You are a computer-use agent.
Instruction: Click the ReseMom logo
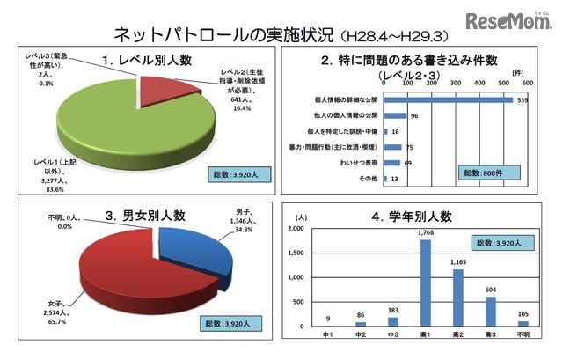click(x=509, y=21)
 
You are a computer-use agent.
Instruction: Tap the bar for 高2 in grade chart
click(x=457, y=298)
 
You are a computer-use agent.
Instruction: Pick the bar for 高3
click(x=490, y=312)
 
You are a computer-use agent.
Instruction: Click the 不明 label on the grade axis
click(x=523, y=335)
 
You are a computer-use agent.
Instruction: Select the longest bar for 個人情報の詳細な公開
click(x=449, y=99)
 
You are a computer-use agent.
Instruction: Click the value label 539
click(x=523, y=99)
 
